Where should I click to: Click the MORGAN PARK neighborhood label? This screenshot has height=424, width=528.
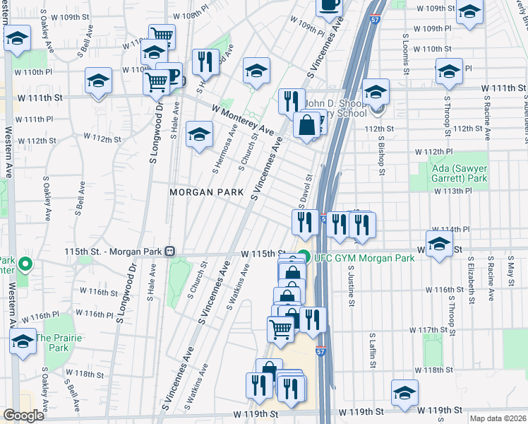click(x=205, y=192)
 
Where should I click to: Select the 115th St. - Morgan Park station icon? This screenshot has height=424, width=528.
click(x=170, y=251)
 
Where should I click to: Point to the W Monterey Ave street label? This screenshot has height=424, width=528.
click(x=242, y=121)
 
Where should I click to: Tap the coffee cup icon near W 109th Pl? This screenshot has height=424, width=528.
click(x=328, y=6)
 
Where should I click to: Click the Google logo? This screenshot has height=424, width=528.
click(x=23, y=416)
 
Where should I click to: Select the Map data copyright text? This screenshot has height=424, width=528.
click(x=498, y=418)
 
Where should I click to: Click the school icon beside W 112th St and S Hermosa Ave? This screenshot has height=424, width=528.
click(x=200, y=134)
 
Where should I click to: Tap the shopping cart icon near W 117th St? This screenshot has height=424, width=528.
click(x=280, y=329)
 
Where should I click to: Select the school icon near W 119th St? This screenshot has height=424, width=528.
click(x=405, y=392)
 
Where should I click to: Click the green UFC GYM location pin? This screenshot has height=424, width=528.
click(x=304, y=257)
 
